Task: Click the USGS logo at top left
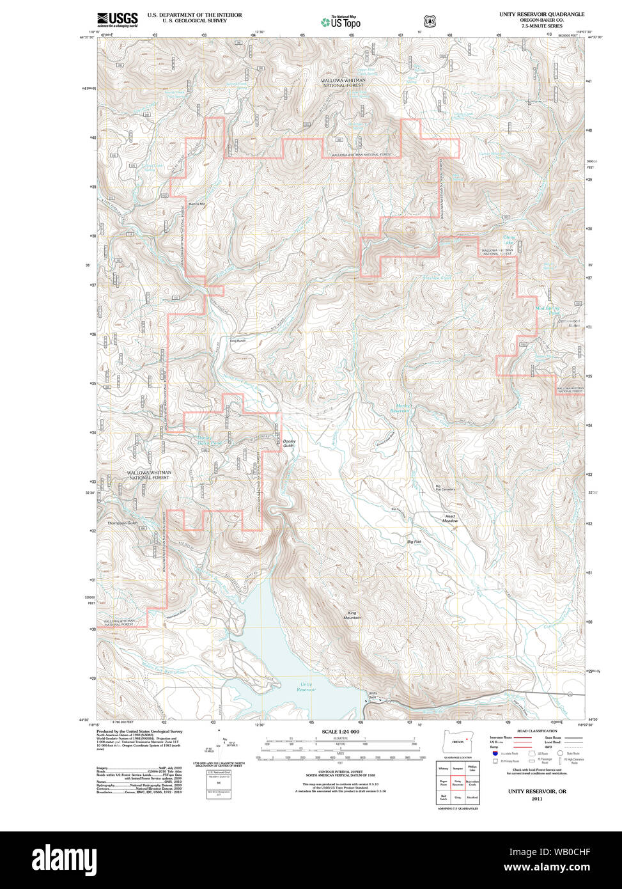[118, 20]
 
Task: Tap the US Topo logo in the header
[341, 22]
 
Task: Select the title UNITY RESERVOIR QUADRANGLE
[541, 14]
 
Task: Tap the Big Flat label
[414, 542]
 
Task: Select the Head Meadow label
[451, 519]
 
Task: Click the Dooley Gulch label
[290, 443]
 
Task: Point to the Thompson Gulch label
[123, 523]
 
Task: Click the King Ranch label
[238, 341]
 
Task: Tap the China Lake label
[509, 239]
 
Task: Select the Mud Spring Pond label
[548, 311]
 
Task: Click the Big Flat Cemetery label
[445, 489]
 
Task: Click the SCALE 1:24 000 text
[341, 732]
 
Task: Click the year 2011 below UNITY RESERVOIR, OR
[536, 799]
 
